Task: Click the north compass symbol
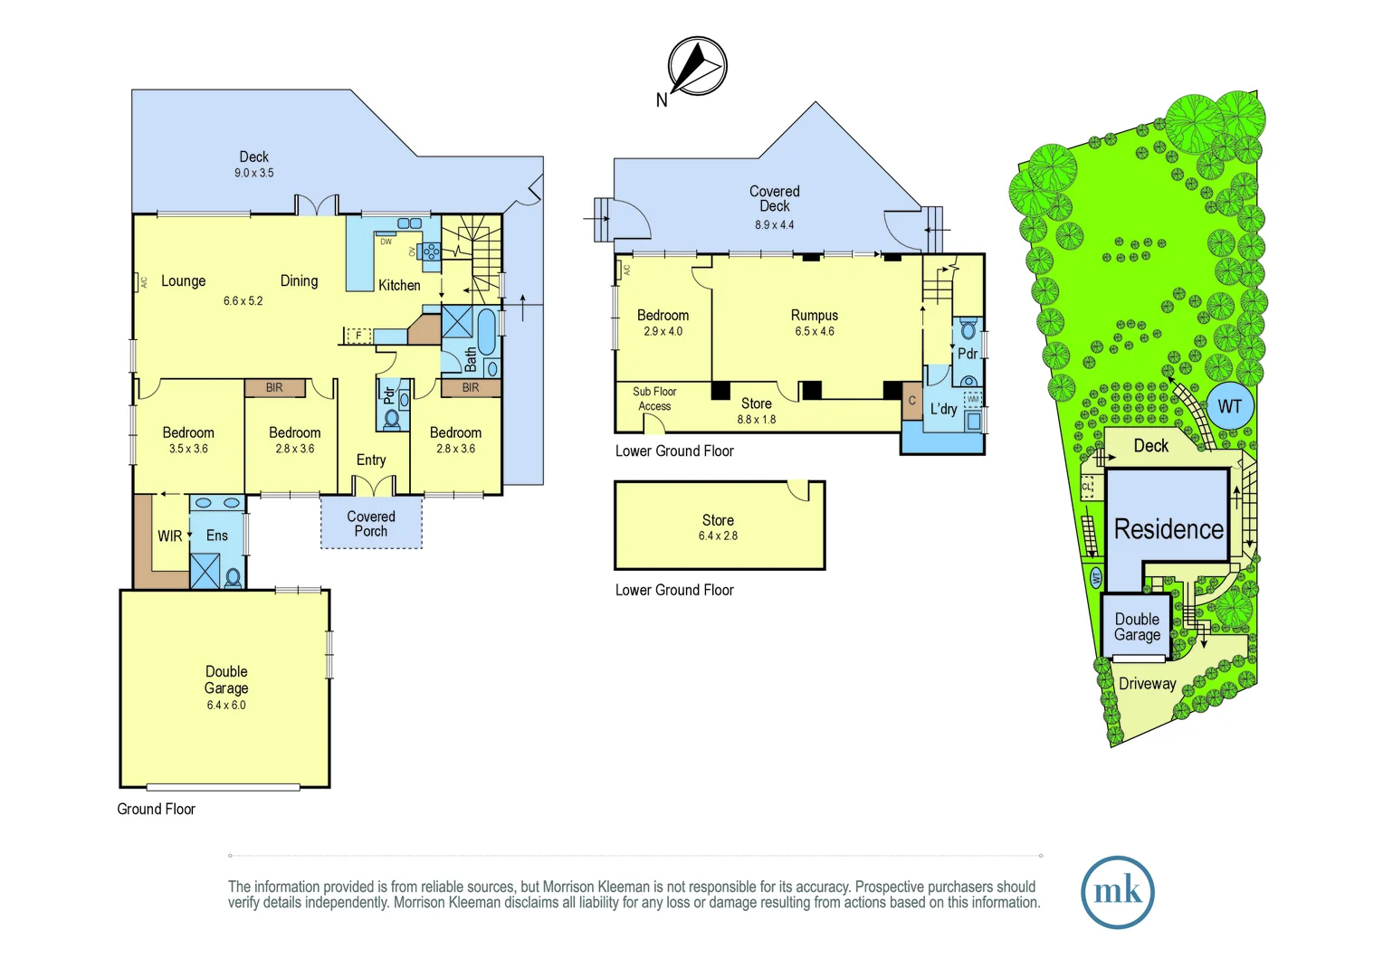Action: pyautogui.click(x=697, y=66)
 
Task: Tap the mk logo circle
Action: pyautogui.click(x=1117, y=892)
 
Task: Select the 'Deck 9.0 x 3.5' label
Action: pyautogui.click(x=253, y=164)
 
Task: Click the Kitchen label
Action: pyautogui.click(x=399, y=286)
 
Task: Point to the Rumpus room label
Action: pyautogui.click(x=815, y=316)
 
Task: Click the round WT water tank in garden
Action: pyautogui.click(x=1229, y=406)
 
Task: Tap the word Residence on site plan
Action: pyautogui.click(x=1168, y=529)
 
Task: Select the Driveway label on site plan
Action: pyautogui.click(x=1147, y=684)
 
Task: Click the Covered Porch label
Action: pyautogui.click(x=371, y=524)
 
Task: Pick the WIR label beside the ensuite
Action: pyautogui.click(x=169, y=536)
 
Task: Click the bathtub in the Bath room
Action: pyautogui.click(x=486, y=332)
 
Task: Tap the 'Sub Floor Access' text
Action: pyautogui.click(x=654, y=399)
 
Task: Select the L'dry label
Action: pyautogui.click(x=943, y=409)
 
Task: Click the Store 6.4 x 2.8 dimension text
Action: pyautogui.click(x=718, y=536)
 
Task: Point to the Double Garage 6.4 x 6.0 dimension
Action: pyautogui.click(x=226, y=705)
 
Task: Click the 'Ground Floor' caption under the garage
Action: pyautogui.click(x=156, y=810)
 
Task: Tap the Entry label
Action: pyautogui.click(x=371, y=460)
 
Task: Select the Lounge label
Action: pyautogui.click(x=184, y=281)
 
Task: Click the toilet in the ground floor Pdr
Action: pyautogui.click(x=392, y=418)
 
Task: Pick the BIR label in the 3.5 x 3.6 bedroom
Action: pyautogui.click(x=274, y=388)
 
